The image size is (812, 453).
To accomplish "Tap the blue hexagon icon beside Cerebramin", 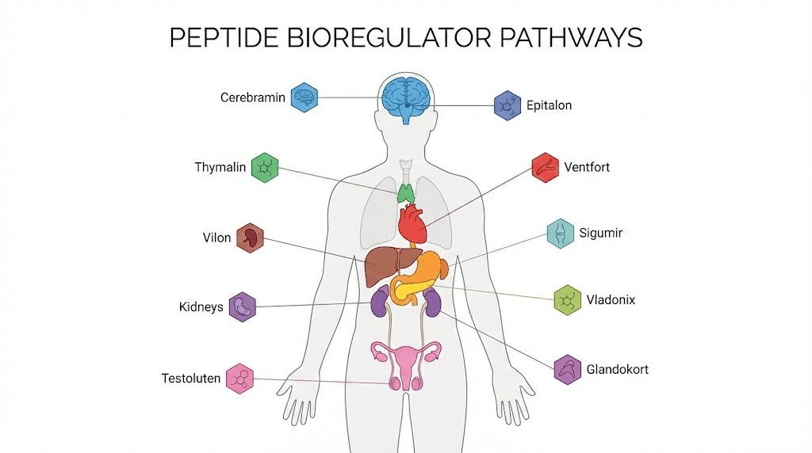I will tap(304, 97).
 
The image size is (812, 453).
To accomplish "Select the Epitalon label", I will tap(549, 105).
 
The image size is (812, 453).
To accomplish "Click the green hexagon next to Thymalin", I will tap(265, 168).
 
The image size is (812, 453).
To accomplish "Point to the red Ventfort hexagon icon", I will tap(545, 168).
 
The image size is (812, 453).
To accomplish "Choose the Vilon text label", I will tap(216, 238).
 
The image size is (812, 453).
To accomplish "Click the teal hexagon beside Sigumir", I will tap(561, 234).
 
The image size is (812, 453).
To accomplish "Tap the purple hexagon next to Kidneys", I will tap(243, 306).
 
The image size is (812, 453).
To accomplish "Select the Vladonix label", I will tap(611, 300).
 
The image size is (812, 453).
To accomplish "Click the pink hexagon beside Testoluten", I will tap(239, 379).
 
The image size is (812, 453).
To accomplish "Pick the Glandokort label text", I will tap(617, 369).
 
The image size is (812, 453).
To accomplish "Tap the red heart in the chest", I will tap(412, 223).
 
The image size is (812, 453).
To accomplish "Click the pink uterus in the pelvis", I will tap(406, 360).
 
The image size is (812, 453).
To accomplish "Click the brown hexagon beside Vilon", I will tap(250, 238).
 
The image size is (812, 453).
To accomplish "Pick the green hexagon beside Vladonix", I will tap(568, 300).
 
